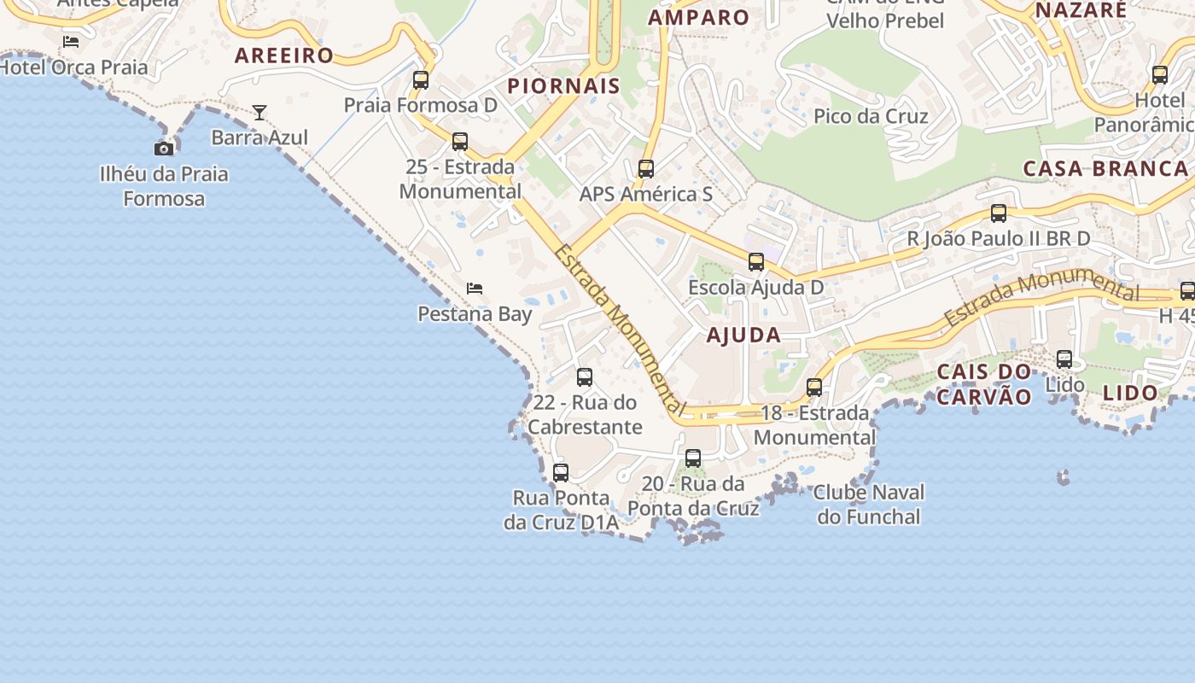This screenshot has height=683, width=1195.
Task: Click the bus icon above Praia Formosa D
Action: [x=421, y=80]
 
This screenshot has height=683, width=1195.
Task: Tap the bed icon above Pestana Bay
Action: [x=475, y=289]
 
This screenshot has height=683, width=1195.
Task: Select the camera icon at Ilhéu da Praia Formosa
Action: [x=164, y=149]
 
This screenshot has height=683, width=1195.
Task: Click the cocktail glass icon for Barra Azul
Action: [x=259, y=112]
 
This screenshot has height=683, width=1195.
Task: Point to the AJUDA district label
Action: [x=743, y=336]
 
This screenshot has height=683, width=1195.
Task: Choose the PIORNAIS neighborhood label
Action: [x=563, y=86]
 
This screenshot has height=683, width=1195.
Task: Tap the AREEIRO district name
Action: [x=284, y=56]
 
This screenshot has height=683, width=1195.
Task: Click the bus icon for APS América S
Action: [x=646, y=169]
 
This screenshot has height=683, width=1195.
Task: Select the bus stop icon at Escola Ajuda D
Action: [x=756, y=262]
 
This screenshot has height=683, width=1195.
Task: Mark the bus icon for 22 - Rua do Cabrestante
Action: [x=585, y=377]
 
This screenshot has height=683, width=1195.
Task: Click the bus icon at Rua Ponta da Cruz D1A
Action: [x=561, y=472]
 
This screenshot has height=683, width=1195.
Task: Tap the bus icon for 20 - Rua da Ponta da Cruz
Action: [x=693, y=458]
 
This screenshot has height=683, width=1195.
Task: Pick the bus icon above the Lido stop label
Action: [x=1064, y=359]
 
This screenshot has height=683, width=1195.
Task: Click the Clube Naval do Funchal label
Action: [x=869, y=505]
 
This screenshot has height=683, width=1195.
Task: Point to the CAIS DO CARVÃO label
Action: [x=984, y=384]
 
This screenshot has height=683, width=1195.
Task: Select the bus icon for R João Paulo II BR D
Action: [x=999, y=213]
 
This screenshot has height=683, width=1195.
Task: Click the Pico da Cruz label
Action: [x=871, y=116]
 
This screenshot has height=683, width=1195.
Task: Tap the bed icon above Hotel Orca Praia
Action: [x=71, y=41]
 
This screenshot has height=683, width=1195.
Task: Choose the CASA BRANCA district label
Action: [x=1105, y=168]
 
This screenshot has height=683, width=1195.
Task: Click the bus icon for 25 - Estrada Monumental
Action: [x=460, y=142]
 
